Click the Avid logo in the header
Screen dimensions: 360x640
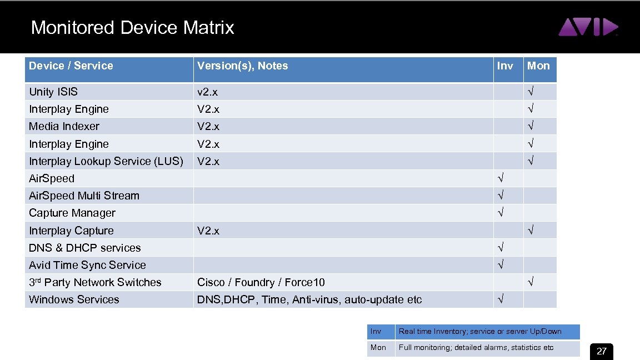pos(588,27)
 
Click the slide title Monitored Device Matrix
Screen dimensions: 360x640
pos(133,27)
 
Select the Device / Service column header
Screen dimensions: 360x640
pos(71,66)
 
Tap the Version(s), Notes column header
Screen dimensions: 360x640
pos(243,66)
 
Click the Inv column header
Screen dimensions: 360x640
pos(505,66)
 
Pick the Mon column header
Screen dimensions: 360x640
pos(538,66)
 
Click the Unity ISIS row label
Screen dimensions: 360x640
pos(53,92)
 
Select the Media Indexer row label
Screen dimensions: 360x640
pos(64,126)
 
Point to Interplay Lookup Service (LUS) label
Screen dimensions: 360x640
pos(106,161)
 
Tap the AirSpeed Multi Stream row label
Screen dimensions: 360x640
pos(84,196)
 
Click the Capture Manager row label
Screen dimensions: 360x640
pos(72,213)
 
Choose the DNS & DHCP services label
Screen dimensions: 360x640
pos(85,248)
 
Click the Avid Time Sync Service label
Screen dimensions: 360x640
pos(88,265)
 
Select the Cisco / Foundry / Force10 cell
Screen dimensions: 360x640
pos(261,282)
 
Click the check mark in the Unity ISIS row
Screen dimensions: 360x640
pos(531,92)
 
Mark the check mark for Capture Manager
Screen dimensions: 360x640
pos(501,213)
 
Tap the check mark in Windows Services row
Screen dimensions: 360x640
pos(501,299)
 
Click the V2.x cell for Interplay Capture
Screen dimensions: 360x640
pos(208,231)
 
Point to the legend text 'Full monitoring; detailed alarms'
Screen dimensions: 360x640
pos(476,347)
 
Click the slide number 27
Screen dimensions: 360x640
pos(602,351)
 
